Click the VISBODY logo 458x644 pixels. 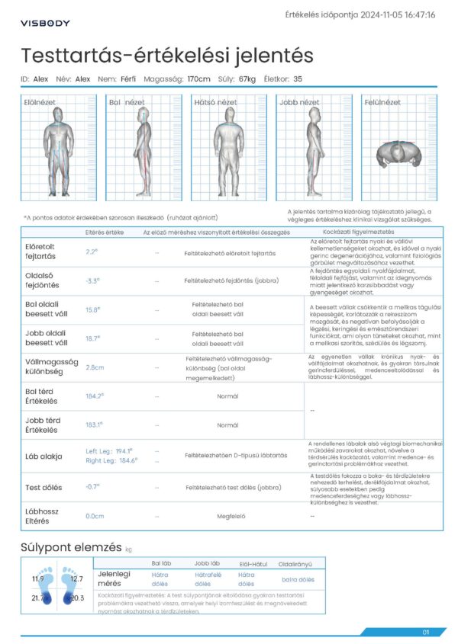point(45,23)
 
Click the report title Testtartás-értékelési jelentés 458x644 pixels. point(167,56)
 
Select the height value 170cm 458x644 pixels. point(198,78)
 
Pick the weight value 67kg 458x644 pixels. point(247,78)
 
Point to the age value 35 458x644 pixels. point(298,78)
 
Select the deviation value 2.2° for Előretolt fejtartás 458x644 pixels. point(92,252)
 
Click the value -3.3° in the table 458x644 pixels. point(92,280)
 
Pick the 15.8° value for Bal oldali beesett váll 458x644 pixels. point(92,309)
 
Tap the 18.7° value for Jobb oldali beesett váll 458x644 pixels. point(92,338)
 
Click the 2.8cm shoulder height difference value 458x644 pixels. point(95,367)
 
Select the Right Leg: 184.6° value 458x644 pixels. point(111,460)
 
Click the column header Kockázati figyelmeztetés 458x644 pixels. point(359,232)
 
